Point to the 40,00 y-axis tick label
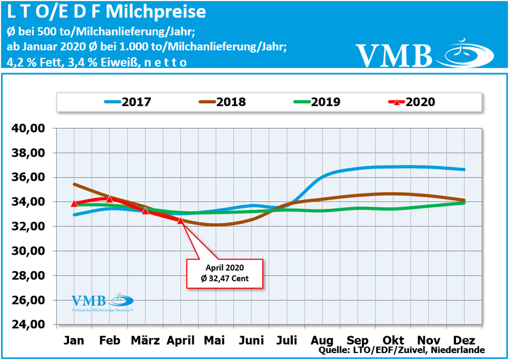[x=29, y=128]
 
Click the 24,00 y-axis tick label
[x=29, y=325]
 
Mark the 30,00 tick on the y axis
[x=29, y=251]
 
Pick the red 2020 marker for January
[x=74, y=203]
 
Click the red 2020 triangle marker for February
[x=109, y=199]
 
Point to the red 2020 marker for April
[x=180, y=220]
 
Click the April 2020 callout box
[x=225, y=273]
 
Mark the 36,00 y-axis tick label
[x=29, y=178]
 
